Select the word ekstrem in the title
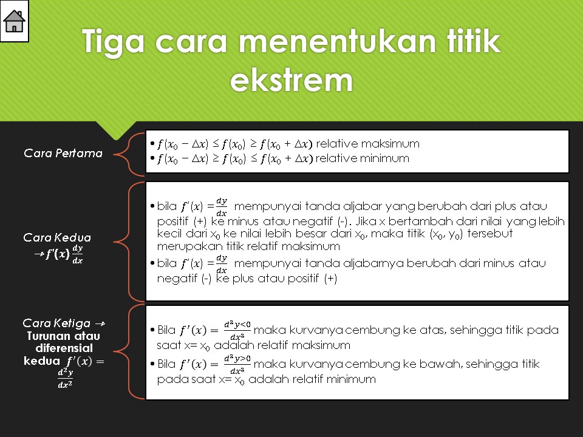pyautogui.click(x=291, y=80)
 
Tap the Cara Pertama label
pyautogui.click(x=63, y=153)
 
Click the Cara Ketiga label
pyautogui.click(x=56, y=323)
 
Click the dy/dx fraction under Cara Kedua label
pyautogui.click(x=77, y=254)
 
